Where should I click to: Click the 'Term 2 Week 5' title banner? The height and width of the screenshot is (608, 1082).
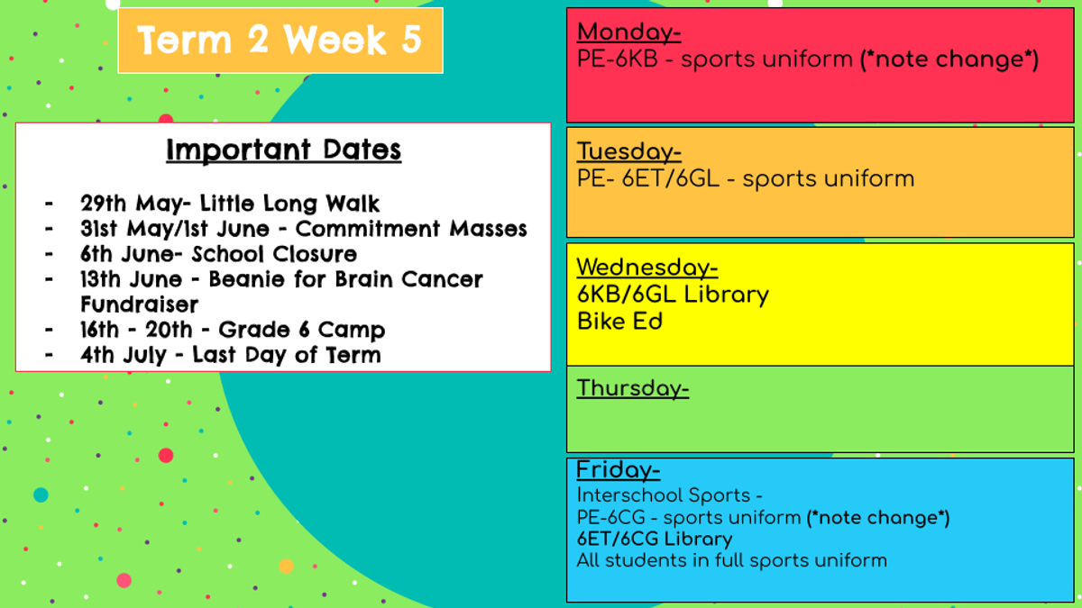tap(280, 41)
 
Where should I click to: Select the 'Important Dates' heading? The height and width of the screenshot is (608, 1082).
tap(283, 150)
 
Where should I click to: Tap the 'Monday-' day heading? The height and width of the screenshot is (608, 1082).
tap(629, 32)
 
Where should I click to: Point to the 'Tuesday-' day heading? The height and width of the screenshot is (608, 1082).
tap(629, 151)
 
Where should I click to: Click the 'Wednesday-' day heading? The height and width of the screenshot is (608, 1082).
tap(647, 268)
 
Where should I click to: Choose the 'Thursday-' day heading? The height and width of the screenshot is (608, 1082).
tap(633, 388)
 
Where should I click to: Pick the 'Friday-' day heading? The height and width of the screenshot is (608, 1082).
tap(619, 470)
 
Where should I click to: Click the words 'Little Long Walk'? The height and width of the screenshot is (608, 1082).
tap(289, 204)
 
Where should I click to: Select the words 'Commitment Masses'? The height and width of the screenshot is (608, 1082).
tap(411, 229)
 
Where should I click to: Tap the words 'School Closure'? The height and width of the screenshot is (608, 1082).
tap(274, 254)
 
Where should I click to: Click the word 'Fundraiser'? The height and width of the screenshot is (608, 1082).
tap(140, 304)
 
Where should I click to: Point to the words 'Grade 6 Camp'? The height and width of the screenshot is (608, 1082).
tap(302, 330)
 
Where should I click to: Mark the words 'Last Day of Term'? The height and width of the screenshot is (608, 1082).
tap(287, 355)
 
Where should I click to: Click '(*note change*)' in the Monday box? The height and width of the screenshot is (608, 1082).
tap(949, 59)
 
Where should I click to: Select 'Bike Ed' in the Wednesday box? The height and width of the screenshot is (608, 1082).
tap(619, 322)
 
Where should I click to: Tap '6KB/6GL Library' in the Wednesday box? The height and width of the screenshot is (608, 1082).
tap(673, 295)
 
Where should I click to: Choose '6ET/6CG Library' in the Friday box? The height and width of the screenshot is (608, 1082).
tap(655, 539)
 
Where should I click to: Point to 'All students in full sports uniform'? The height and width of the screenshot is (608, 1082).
tap(732, 560)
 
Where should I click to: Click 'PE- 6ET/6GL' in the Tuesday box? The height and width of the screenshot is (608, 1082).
tap(648, 179)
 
